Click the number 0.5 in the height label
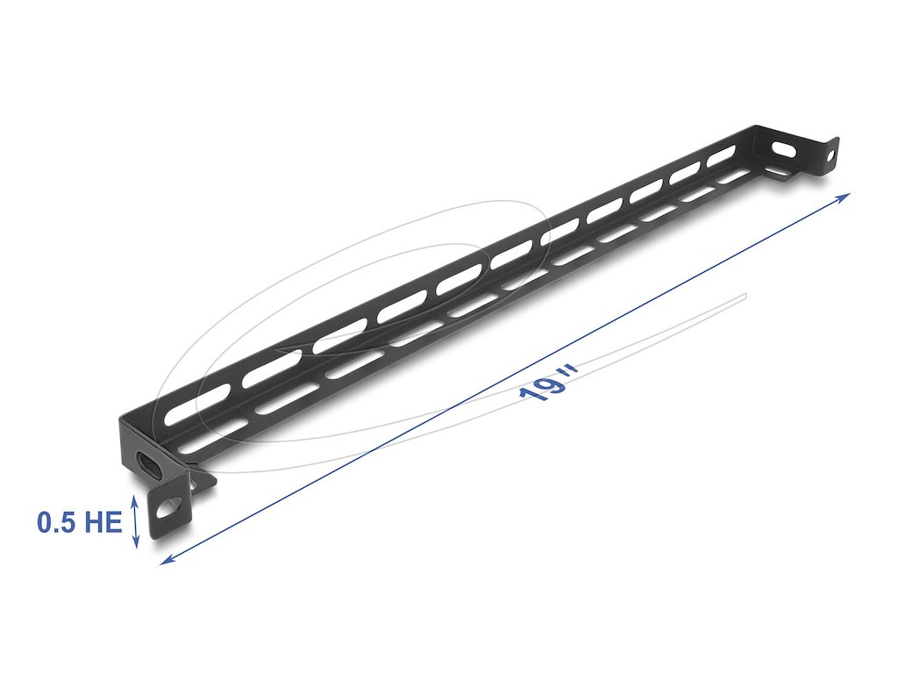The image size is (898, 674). [59, 524]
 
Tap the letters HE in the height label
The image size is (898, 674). [103, 524]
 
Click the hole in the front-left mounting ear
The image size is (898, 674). [168, 505]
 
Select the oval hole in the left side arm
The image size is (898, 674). [150, 465]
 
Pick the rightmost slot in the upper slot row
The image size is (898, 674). [721, 154]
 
